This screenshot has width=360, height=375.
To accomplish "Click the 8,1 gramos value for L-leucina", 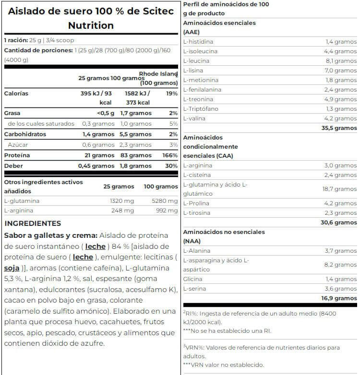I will (341, 61).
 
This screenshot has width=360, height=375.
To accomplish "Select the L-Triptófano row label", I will (201, 109).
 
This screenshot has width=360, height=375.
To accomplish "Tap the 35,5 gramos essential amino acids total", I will (339, 128).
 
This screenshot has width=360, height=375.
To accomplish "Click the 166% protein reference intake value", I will (170, 155).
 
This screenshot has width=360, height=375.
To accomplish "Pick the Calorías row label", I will (16, 94).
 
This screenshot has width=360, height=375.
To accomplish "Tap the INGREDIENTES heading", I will (33, 223).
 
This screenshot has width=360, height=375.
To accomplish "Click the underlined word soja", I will (12, 268).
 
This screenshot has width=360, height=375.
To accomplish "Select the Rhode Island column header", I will (158, 74).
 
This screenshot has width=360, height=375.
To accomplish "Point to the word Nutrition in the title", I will (91, 25).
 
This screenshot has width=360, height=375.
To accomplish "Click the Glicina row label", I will (192, 279).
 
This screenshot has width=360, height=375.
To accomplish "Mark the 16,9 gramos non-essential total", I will (339, 298).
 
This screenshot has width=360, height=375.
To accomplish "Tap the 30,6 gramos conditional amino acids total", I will (339, 223).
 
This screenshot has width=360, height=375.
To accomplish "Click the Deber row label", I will (13, 166).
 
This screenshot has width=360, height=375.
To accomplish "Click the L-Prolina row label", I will (196, 203).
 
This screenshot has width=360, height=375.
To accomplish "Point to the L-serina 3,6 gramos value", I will (341, 289).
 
